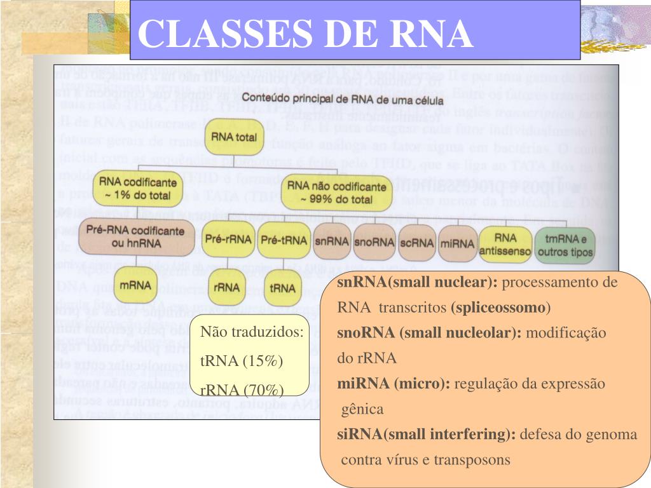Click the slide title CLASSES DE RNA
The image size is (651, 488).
[x=306, y=32]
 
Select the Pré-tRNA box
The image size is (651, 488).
[x=283, y=241]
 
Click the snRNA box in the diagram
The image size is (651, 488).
[x=331, y=241]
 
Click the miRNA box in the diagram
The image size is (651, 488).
[x=456, y=243]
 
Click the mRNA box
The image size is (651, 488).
[x=136, y=285]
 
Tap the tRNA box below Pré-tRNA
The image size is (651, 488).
[x=282, y=288]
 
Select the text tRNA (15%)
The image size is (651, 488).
[x=242, y=361]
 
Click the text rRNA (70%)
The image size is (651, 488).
[x=242, y=390]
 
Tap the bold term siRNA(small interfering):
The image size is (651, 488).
[x=427, y=435]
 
